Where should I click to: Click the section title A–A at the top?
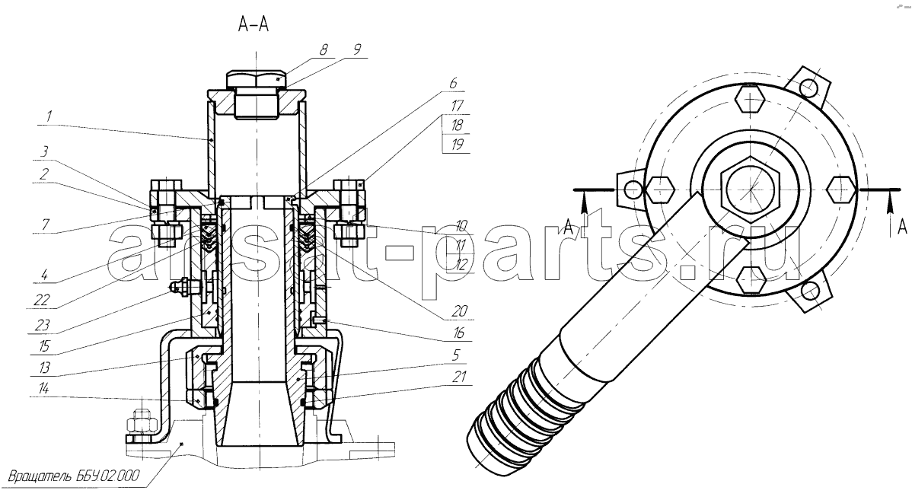tap(253, 24)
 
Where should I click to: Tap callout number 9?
tap(357, 49)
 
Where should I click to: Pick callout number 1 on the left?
tap(49, 117)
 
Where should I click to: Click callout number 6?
tap(452, 83)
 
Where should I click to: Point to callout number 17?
tap(457, 107)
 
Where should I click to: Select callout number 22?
tap(43, 300)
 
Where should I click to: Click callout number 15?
tap(44, 346)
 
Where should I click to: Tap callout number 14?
tap(44, 389)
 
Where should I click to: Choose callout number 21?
tap(460, 377)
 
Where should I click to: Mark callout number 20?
tap(460, 311)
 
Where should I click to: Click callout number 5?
tap(456, 354)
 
